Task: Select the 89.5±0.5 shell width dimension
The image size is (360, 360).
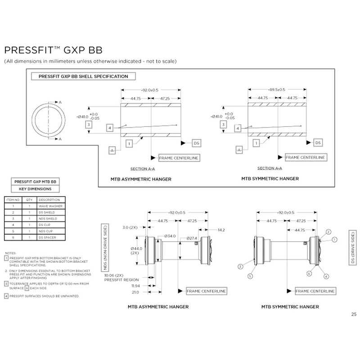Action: (278, 90)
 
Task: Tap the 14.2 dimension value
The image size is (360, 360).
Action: (221, 229)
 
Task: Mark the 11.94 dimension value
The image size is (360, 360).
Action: (135, 285)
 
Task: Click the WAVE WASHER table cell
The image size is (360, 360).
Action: (50, 205)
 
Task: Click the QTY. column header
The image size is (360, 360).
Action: (29, 199)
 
